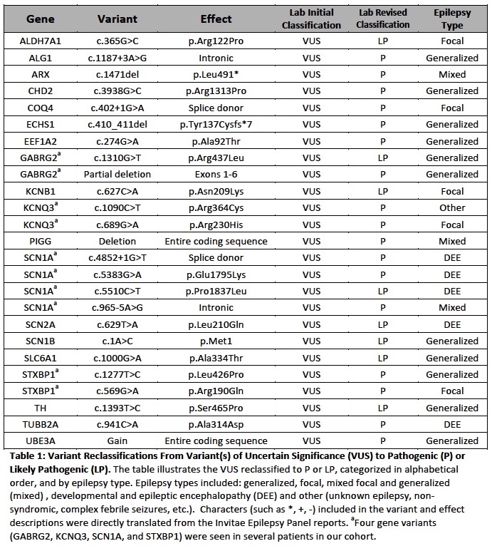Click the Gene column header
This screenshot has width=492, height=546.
click(x=40, y=19)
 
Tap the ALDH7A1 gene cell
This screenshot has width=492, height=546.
click(x=40, y=41)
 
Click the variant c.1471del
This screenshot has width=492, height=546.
click(x=116, y=74)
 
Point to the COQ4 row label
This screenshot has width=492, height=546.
click(x=40, y=108)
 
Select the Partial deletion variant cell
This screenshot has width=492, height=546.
click(x=116, y=174)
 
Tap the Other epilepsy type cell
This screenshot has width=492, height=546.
click(x=452, y=207)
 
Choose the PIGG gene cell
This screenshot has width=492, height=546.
click(x=40, y=241)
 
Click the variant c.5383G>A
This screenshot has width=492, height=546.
click(x=116, y=274)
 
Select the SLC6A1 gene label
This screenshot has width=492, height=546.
click(x=40, y=358)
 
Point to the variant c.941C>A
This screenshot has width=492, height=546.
click(x=116, y=425)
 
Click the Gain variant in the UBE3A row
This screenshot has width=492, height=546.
click(x=116, y=441)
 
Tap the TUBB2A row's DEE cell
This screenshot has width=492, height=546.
click(x=452, y=425)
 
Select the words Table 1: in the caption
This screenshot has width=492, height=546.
click(x=25, y=456)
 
